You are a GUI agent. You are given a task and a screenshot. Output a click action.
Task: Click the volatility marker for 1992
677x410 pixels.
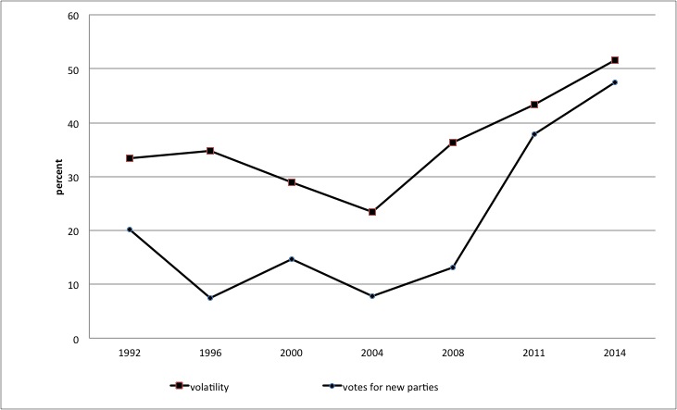point(130,158)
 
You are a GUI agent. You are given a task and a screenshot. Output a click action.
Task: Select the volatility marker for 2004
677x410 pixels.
point(372,212)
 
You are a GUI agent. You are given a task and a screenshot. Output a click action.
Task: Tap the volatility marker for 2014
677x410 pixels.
point(614,60)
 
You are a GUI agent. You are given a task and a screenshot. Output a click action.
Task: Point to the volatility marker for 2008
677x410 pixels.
point(453,143)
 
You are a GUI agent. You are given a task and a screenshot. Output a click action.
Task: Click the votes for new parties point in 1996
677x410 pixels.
point(210,298)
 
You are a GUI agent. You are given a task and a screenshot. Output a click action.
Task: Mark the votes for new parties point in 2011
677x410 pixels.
point(533,134)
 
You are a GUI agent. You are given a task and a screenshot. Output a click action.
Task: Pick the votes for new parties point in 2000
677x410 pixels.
point(292,259)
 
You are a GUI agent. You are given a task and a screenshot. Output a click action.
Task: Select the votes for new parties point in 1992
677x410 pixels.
point(130,230)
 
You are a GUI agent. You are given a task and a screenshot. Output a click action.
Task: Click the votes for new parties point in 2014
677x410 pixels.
point(614,82)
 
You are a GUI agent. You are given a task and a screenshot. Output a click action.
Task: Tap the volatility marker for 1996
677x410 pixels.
point(210,151)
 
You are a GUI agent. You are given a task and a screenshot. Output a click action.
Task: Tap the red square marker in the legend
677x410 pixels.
point(174,386)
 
